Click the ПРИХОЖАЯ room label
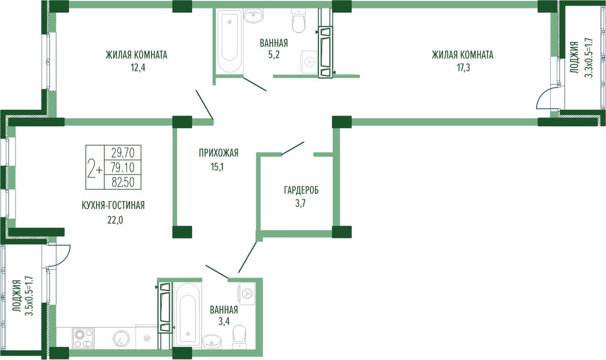(219, 153)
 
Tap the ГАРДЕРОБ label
(302, 190)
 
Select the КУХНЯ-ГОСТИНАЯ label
(113, 205)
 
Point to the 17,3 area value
(463, 68)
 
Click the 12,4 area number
(138, 68)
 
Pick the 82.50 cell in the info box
(123, 182)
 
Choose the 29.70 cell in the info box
(123, 153)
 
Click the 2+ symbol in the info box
(95, 167)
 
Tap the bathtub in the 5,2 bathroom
(230, 41)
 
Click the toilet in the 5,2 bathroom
(299, 21)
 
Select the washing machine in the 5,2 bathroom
(309, 62)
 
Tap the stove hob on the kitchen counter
(83, 338)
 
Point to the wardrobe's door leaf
(293, 149)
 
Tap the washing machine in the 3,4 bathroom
(247, 293)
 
